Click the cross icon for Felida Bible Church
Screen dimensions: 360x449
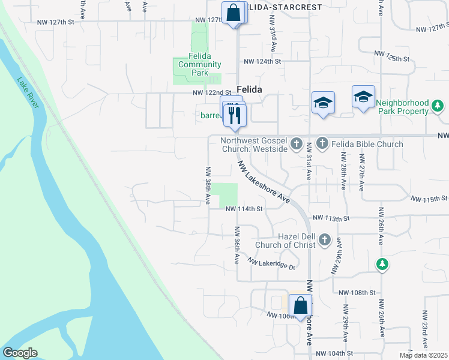click(x=322, y=143)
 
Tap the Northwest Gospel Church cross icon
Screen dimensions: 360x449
click(x=296, y=144)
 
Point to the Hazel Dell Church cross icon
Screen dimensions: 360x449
click(x=324, y=240)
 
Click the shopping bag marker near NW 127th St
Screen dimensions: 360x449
click(x=233, y=13)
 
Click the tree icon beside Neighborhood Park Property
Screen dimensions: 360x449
click(x=438, y=107)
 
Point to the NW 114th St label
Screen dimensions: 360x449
click(x=244, y=209)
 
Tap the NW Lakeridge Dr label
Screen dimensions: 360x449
click(x=273, y=264)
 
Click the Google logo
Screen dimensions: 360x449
click(x=20, y=353)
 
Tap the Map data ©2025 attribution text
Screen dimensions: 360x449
click(x=424, y=355)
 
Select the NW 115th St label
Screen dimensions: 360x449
click(x=429, y=198)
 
